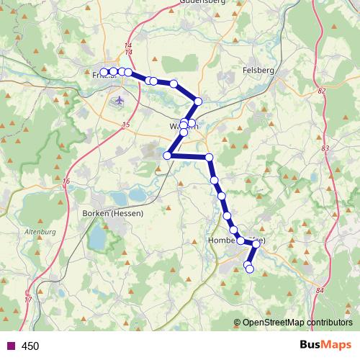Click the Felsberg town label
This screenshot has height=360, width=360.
pos(259,71)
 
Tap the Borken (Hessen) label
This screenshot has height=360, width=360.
pos(114,213)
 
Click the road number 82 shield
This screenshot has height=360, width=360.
pos(321,91)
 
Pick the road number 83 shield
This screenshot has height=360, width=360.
pos(325,148)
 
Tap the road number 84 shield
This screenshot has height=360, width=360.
pos(320,291)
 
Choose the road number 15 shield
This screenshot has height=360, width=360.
pos(127,126)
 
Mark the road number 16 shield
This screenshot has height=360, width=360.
pos(66,181)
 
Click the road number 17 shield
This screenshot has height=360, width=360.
pos(29,299)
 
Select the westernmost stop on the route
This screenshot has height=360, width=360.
pos(104,72)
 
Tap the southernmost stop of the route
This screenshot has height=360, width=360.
pos(250,269)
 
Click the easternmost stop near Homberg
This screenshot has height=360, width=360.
pos(256,244)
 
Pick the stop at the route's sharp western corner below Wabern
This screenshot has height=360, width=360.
pos(167,156)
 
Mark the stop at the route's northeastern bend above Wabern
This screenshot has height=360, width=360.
pos(199,101)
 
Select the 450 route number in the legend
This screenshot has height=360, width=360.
pos(30,346)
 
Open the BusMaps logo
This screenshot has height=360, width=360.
pos(320,345)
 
